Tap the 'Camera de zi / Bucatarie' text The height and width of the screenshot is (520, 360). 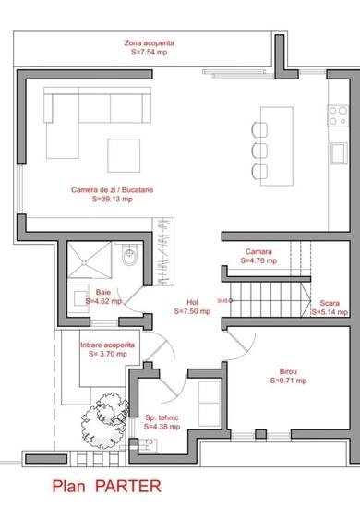tap(109, 189)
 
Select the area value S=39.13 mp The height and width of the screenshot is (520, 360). tap(109, 199)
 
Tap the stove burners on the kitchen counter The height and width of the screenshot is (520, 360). tap(338, 115)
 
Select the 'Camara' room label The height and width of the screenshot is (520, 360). tap(258, 251)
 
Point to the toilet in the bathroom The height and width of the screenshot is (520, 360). tap(130, 253)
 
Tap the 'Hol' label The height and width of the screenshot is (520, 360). tap(192, 302)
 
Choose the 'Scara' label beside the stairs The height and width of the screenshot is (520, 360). tap(330, 304)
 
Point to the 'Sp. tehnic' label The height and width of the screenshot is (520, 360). tap(162, 417)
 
